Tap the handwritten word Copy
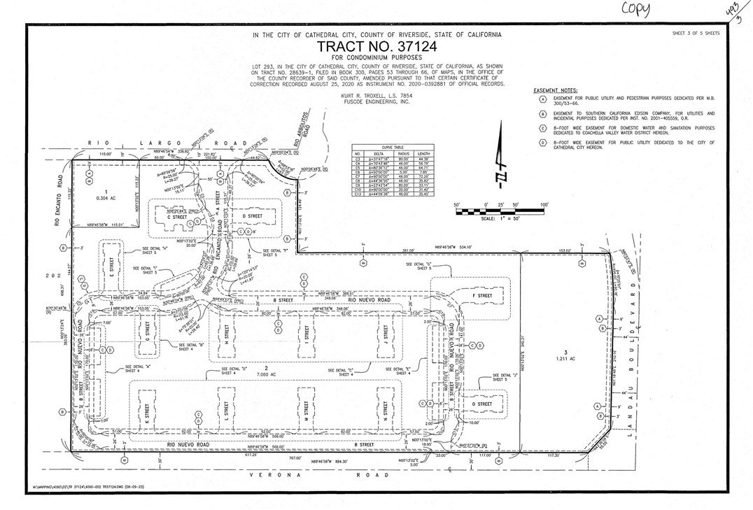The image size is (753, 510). pyautogui.click(x=636, y=10)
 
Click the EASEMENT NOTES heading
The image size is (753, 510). pyautogui.click(x=555, y=91)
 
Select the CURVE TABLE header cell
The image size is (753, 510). pyautogui.click(x=393, y=147)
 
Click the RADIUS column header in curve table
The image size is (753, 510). pyautogui.click(x=402, y=153)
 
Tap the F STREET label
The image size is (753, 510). pyautogui.click(x=482, y=296)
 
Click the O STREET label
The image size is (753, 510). pyautogui.click(x=482, y=404)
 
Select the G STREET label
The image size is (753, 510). pyautogui.click(x=147, y=332)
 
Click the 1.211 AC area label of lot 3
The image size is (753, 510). pyautogui.click(x=566, y=359)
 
